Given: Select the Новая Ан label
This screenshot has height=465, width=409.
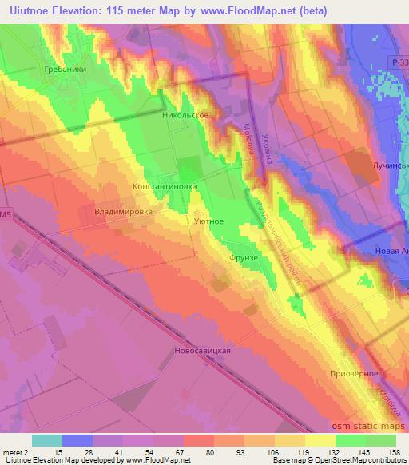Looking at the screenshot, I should click(391, 251).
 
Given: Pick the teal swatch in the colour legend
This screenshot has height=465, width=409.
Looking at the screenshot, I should click(47, 440).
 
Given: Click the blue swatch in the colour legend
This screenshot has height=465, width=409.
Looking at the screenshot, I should click(77, 440).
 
